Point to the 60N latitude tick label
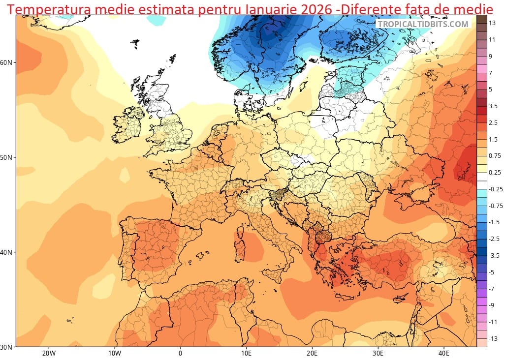(6, 62)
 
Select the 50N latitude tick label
(6, 157)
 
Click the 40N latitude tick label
(6, 252)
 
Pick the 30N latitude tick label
(6, 347)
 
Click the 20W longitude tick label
(48, 353)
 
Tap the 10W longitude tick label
(114, 353)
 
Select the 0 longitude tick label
(180, 353)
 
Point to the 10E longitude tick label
(246, 353)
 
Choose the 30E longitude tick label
(378, 353)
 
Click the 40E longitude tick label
(444, 353)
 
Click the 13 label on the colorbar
(492, 23)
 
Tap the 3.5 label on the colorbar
(493, 106)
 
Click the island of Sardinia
(241, 250)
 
